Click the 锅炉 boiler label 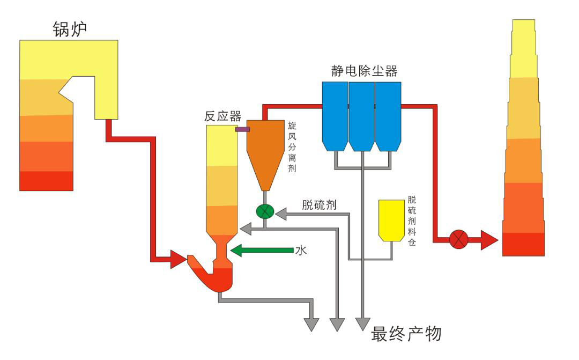tap(70, 28)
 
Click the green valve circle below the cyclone tap(265, 211)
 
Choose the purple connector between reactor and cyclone tap(242, 129)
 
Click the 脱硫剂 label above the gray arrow tap(319, 204)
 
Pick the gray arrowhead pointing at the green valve tap(280, 215)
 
